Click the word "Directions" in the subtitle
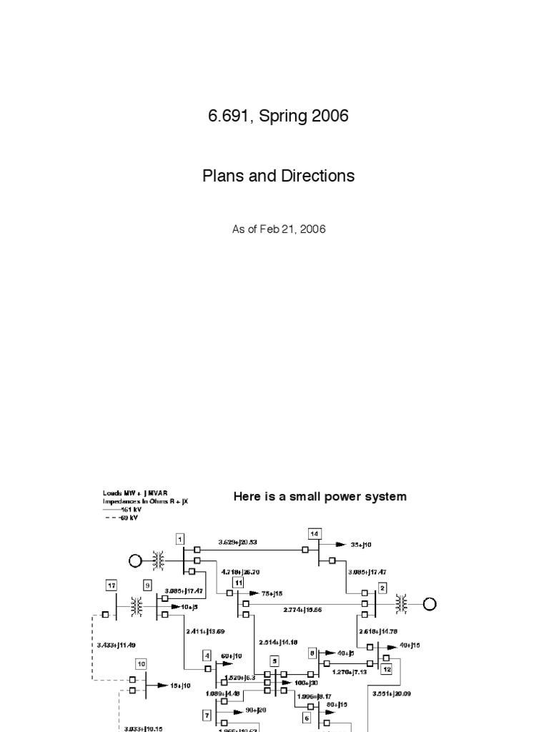[x=318, y=175]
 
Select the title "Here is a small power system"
[x=320, y=497]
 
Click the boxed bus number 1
[x=180, y=539]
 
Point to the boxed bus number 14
[x=314, y=533]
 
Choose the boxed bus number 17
[x=111, y=586]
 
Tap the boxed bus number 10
[x=142, y=664]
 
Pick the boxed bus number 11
[x=238, y=583]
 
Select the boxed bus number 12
[x=386, y=669]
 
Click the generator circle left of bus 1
[x=136, y=561]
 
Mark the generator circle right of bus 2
[x=429, y=604]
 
